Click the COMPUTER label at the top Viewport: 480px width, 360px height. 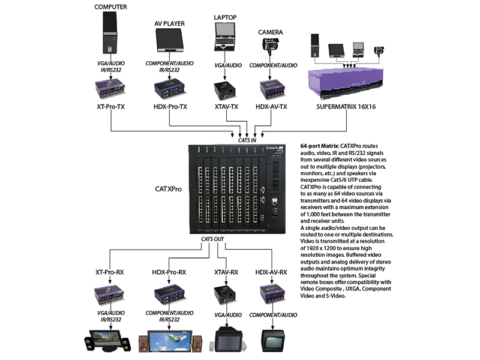(110, 7)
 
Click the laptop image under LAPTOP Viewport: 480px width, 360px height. (224, 38)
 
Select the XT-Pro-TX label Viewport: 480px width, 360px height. (110, 106)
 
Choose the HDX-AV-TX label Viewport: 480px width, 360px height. (271, 106)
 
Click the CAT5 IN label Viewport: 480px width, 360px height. (247, 140)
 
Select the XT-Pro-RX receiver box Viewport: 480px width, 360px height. (110, 295)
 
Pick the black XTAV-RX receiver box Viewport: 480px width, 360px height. (224, 295)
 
